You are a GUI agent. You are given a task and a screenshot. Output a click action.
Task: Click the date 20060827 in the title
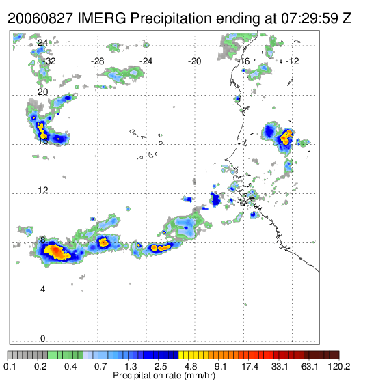pos(40,18)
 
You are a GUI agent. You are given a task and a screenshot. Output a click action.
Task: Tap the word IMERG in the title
pos(102,18)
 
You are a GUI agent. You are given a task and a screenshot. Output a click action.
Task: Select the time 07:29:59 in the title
pos(310,18)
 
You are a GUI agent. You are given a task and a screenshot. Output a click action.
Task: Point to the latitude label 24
pos(42,43)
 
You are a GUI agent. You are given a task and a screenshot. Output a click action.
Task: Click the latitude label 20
pos(42,92)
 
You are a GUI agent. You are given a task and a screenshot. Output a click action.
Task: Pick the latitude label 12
pos(42,191)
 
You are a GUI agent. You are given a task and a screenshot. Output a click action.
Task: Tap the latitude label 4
pos(43,290)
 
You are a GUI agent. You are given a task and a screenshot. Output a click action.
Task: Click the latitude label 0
pos(43,339)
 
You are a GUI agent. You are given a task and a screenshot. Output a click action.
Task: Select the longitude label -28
pos(97,61)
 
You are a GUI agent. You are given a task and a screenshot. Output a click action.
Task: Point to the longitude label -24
pos(146,61)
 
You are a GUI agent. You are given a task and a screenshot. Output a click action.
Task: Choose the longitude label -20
pos(194,61)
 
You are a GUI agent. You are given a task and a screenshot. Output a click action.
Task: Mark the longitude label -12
pos(292,61)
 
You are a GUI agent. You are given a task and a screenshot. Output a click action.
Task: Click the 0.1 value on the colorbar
pos(10,366)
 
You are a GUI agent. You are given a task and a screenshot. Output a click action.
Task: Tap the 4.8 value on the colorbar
pos(191,366)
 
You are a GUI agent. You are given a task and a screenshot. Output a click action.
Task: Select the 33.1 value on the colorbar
pos(280,366)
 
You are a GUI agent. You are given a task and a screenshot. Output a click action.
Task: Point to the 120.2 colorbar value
pos(339,366)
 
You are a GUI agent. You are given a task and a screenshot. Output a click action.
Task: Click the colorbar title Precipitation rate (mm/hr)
pos(164,376)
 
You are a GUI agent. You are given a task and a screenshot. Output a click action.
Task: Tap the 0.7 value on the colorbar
pos(100,366)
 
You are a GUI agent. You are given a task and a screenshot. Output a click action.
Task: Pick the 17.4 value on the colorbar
pos(250,366)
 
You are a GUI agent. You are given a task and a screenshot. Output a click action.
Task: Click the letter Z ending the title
pos(347,18)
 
